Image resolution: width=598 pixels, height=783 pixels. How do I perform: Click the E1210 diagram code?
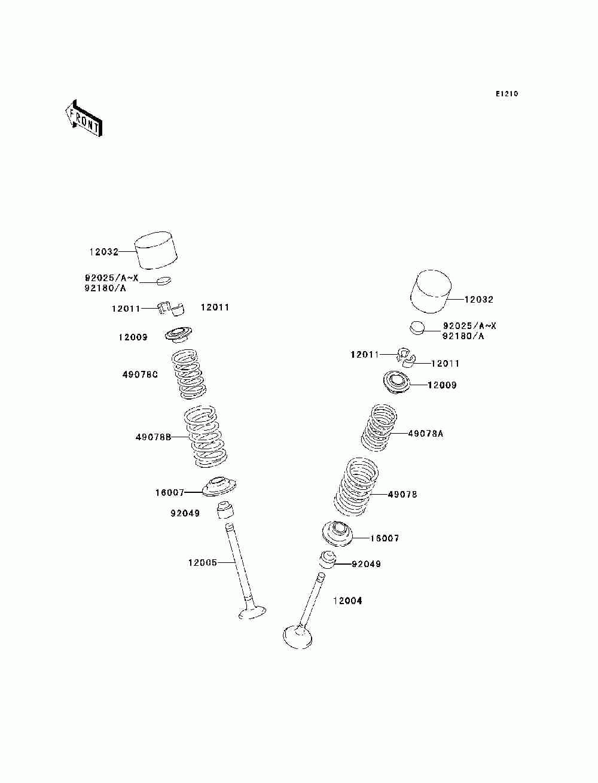[x=507, y=94]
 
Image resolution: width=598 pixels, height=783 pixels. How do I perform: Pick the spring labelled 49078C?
[x=188, y=374]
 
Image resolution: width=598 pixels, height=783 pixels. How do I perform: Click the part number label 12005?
[x=202, y=562]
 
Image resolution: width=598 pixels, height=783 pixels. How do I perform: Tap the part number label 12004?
[x=347, y=601]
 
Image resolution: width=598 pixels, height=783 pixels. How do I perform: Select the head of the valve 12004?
[x=297, y=636]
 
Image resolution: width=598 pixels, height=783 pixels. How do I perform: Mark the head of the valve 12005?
[x=252, y=613]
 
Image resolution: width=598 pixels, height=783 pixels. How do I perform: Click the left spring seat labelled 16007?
[x=219, y=487]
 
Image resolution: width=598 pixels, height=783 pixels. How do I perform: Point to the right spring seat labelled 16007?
[x=338, y=533]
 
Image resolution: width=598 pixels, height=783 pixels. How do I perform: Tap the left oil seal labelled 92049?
[x=224, y=510]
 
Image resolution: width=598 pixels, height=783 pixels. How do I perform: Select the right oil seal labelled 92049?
[x=328, y=560]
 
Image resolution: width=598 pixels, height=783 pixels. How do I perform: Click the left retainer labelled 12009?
[x=179, y=334]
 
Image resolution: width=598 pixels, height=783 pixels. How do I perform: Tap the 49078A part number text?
[x=426, y=434]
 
